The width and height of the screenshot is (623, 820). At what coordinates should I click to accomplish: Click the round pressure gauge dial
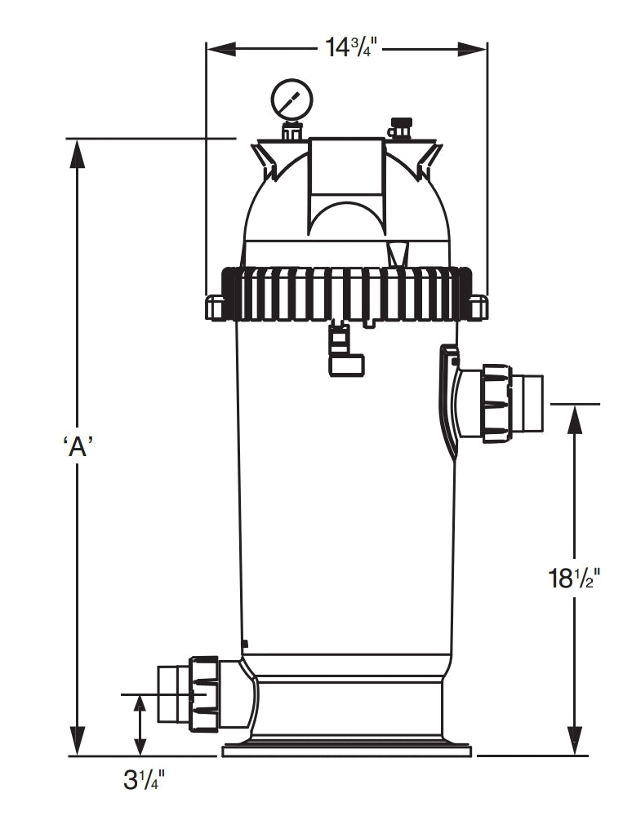291,99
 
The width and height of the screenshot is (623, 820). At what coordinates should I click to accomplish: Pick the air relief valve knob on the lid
400,127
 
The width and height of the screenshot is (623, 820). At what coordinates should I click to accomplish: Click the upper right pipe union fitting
498,403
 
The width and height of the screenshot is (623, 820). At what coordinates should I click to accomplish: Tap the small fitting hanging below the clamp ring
345,351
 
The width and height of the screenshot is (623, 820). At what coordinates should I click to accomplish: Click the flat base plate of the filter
345,749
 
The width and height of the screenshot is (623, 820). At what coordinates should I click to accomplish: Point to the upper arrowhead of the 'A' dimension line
78,152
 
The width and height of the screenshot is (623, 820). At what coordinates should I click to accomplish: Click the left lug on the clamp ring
214,308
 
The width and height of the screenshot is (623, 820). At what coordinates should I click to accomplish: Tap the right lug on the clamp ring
478,307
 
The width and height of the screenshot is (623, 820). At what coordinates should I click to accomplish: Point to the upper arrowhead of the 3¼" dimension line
140,707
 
